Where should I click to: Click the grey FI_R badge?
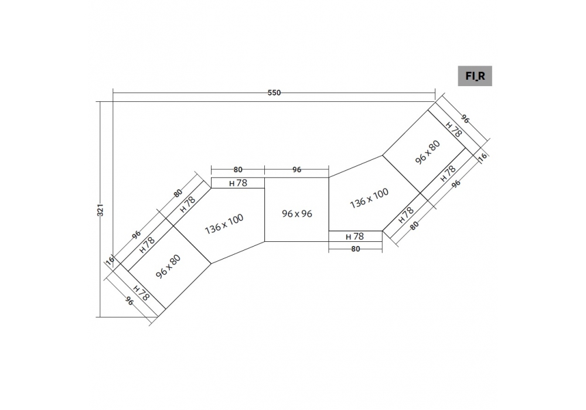(475, 76)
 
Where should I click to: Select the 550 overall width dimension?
(274, 93)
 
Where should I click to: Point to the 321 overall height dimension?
(100, 210)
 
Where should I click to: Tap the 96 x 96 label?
(297, 214)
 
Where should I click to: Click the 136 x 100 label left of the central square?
(224, 224)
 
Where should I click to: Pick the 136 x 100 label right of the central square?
(369, 198)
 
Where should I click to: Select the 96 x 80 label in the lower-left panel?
(168, 266)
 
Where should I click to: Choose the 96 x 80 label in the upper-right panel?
(428, 152)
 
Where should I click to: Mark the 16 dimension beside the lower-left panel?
(110, 261)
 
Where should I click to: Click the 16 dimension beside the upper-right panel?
(483, 156)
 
